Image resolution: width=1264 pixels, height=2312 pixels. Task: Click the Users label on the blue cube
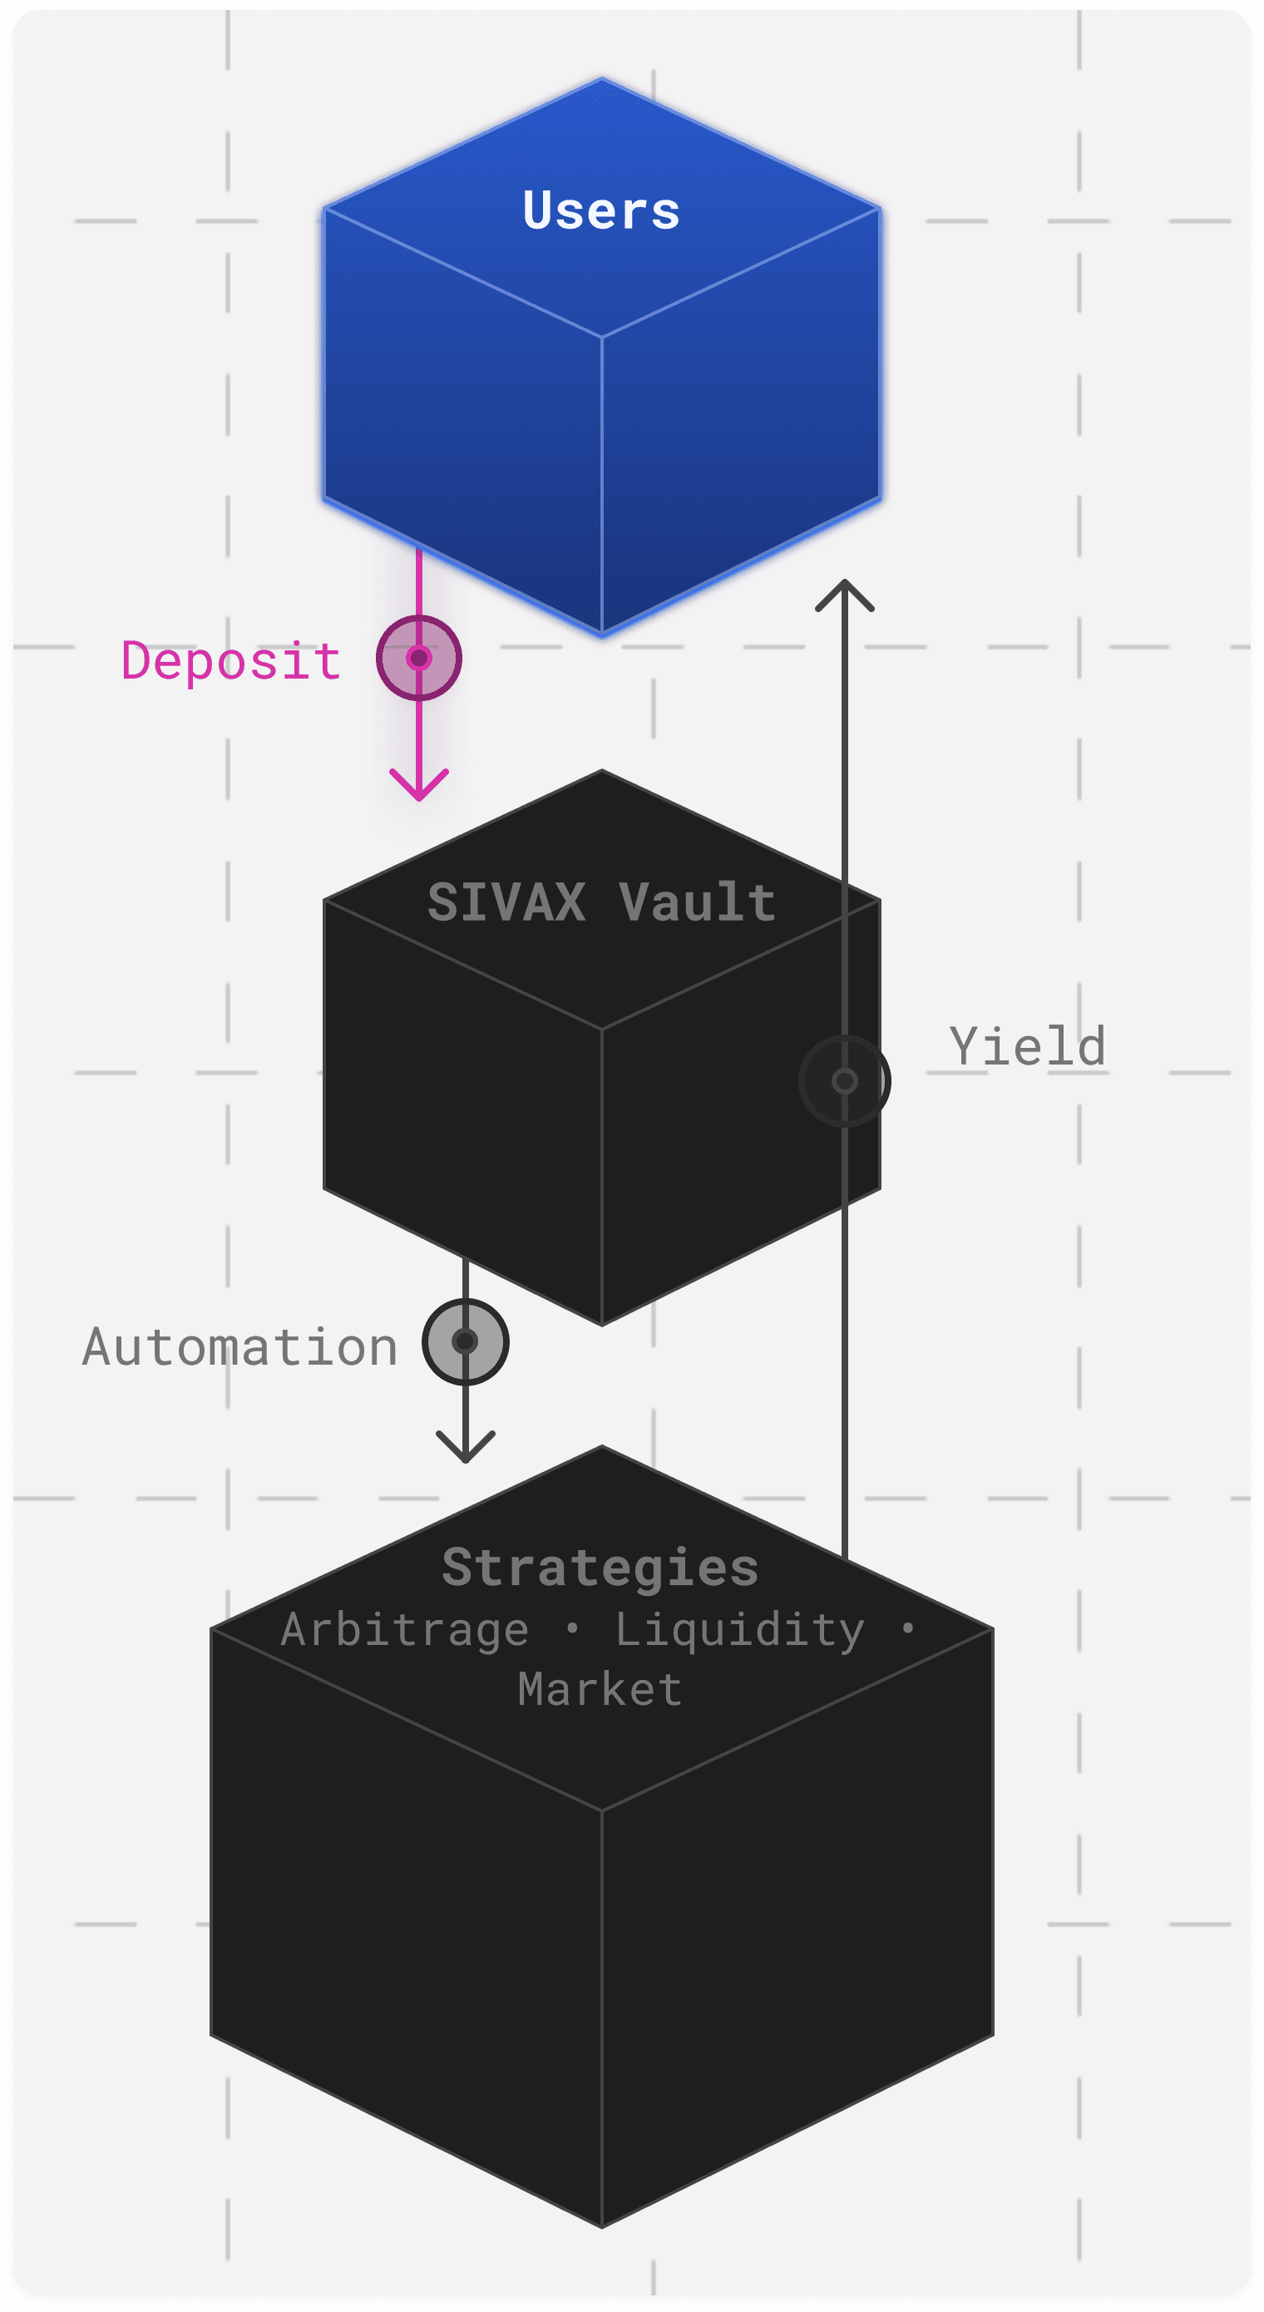click(601, 211)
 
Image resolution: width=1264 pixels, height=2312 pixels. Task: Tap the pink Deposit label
click(232, 661)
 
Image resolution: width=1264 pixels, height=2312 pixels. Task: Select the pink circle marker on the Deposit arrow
click(419, 658)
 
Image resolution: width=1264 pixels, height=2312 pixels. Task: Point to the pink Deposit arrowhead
click(419, 784)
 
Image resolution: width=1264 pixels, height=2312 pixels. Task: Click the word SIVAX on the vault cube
click(507, 902)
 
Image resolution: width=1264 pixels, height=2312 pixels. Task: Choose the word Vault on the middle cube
click(698, 902)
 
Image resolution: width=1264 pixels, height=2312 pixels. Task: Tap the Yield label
click(1028, 1046)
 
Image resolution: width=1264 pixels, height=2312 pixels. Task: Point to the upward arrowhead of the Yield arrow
click(845, 593)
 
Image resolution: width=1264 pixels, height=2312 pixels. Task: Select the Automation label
click(240, 1347)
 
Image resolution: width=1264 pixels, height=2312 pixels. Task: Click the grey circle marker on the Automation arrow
click(465, 1341)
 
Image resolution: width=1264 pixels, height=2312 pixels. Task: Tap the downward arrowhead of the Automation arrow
click(465, 1447)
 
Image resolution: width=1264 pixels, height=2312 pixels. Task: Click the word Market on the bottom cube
click(600, 1689)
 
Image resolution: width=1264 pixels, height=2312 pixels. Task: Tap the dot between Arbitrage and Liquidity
click(573, 1628)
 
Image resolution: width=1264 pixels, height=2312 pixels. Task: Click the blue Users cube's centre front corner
click(601, 338)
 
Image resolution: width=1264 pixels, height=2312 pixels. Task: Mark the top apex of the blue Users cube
click(601, 79)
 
